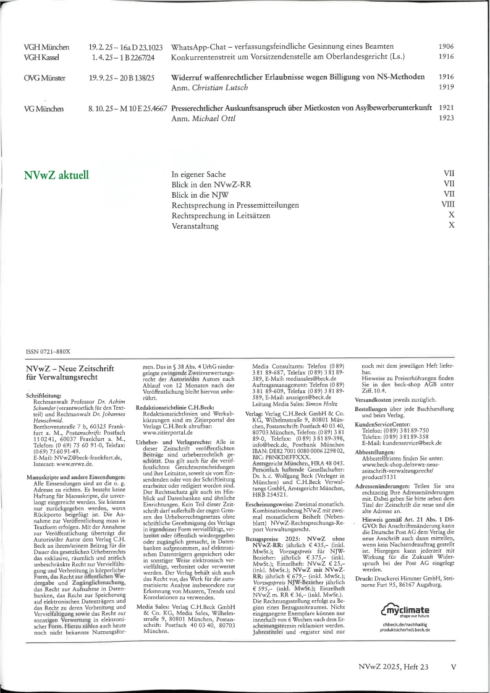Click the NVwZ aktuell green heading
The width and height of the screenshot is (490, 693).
(56, 175)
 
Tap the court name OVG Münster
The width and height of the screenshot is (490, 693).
(44, 78)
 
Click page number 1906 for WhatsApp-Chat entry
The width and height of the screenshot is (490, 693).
(446, 47)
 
